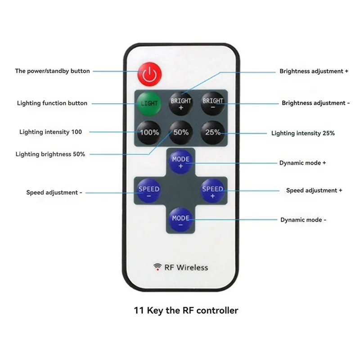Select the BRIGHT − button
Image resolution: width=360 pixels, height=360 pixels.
coord(212,104)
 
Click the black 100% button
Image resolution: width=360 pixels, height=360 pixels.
coord(149,132)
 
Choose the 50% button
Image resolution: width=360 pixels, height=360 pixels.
coord(180,132)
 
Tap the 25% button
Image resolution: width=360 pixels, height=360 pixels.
coord(212,132)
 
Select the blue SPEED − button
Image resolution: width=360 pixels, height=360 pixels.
coord(148,192)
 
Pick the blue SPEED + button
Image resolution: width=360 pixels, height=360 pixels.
coord(212,192)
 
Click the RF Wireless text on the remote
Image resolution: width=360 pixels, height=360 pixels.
coord(186,267)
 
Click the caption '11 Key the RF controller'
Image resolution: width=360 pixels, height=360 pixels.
coord(186,310)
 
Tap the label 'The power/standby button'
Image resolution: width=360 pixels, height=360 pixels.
coord(52,71)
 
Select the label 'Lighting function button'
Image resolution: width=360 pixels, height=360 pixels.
coord(52,103)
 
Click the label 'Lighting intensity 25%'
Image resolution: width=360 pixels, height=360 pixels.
coord(303,133)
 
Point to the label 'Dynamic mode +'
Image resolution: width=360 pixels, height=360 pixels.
coord(302,163)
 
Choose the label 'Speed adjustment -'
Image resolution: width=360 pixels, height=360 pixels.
coord(54,193)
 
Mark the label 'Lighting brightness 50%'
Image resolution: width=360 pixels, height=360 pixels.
coord(50,154)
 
